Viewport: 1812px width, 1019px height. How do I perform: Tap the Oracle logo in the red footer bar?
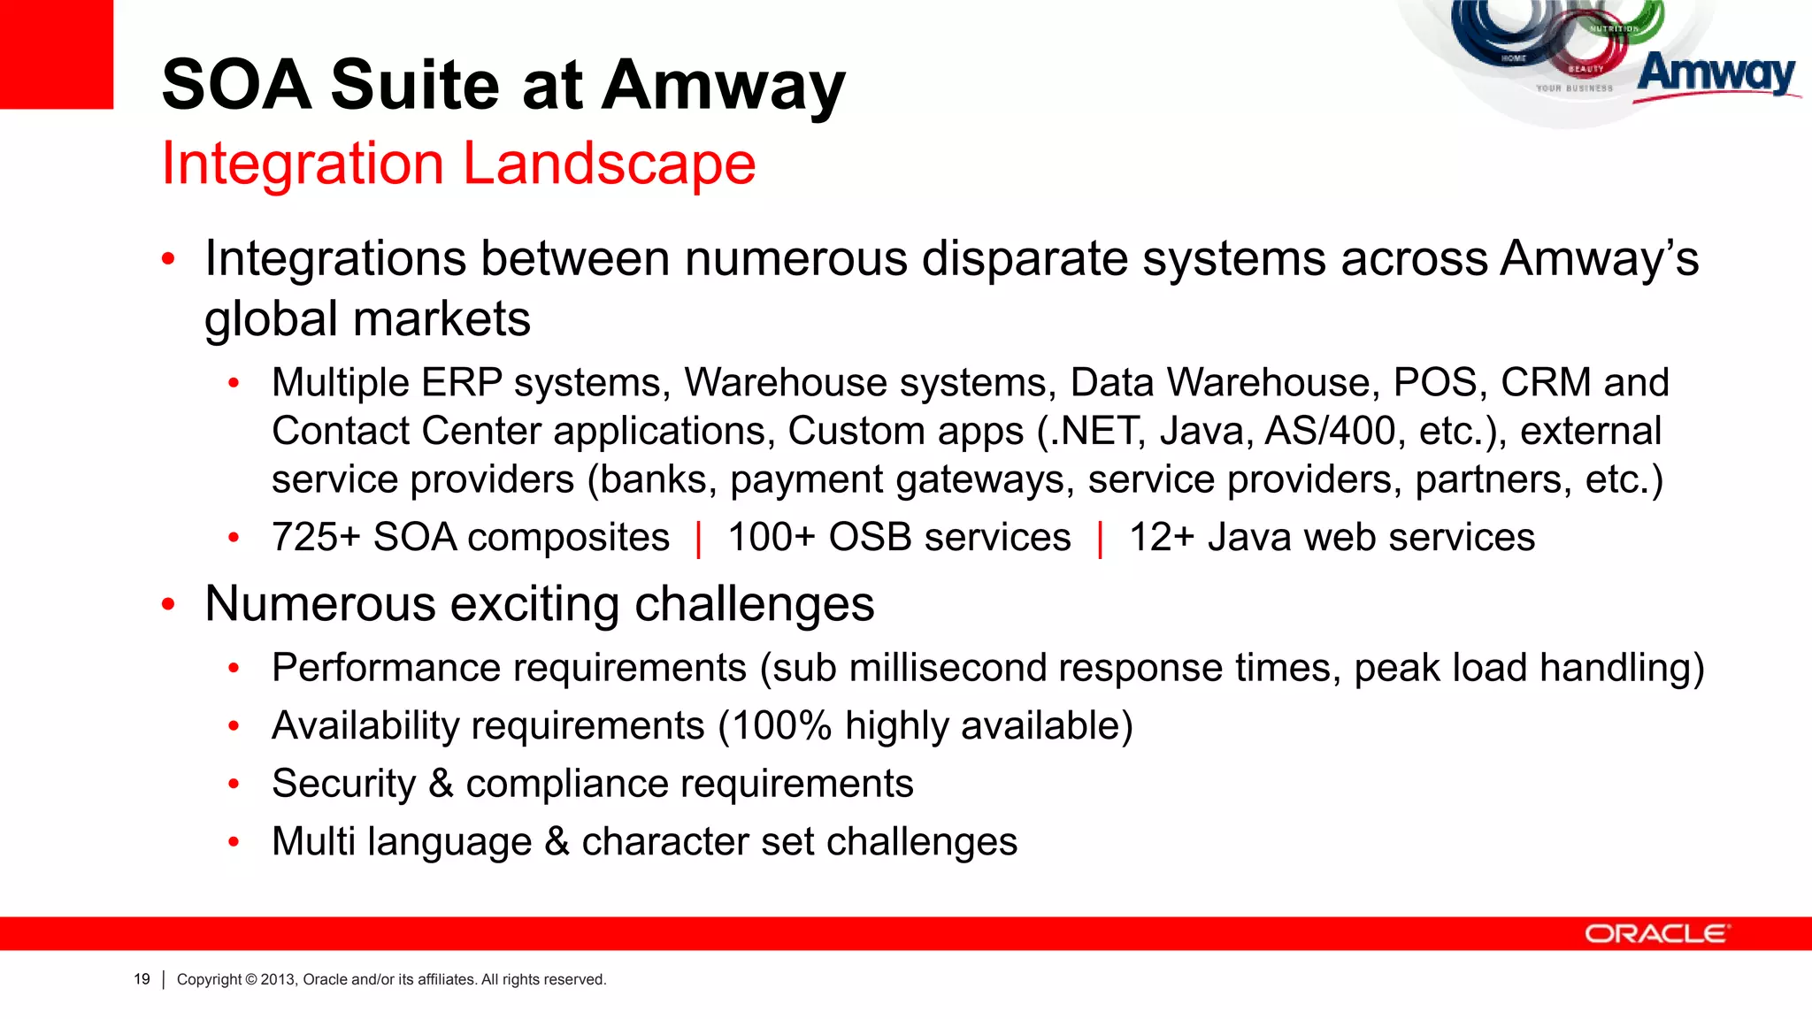pos(1656,934)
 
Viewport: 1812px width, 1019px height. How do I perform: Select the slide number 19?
pos(142,979)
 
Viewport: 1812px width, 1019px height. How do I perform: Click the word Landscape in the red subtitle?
pos(610,165)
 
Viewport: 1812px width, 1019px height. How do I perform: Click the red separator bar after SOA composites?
pos(699,540)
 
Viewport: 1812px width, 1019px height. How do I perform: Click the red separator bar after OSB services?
pos(1100,540)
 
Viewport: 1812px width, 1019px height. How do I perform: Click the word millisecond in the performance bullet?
pos(948,668)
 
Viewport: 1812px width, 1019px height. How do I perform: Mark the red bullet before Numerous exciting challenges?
pos(169,605)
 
